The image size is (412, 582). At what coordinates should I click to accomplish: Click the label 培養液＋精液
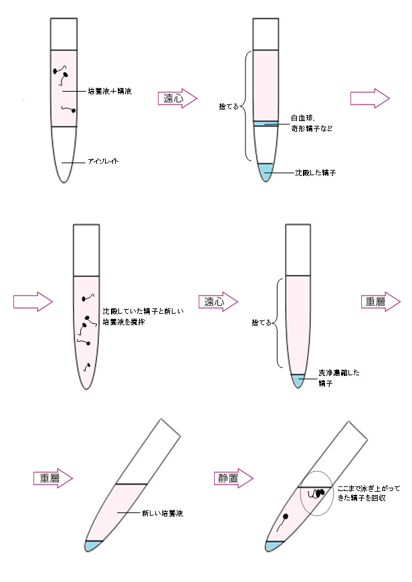point(110,91)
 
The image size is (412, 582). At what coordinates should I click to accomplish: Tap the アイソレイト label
point(104,162)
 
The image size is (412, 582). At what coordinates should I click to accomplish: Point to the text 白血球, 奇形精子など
point(312,122)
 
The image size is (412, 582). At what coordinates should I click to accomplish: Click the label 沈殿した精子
point(315,173)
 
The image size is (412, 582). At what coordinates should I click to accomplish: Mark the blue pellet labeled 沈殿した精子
point(266,172)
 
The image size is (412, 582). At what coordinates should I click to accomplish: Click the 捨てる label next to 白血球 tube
point(229,106)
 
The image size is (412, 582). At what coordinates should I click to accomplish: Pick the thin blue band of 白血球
point(265,122)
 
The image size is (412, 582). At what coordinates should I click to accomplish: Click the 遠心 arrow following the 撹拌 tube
point(219,302)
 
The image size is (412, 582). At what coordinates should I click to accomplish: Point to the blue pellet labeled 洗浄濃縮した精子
point(297,379)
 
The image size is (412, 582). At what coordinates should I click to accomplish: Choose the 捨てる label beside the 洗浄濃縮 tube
point(261,322)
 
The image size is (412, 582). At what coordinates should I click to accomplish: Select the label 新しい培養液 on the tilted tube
point(163,513)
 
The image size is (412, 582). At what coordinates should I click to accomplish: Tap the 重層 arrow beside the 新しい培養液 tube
point(53,478)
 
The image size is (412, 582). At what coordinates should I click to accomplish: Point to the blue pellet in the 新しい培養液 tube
point(93,545)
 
